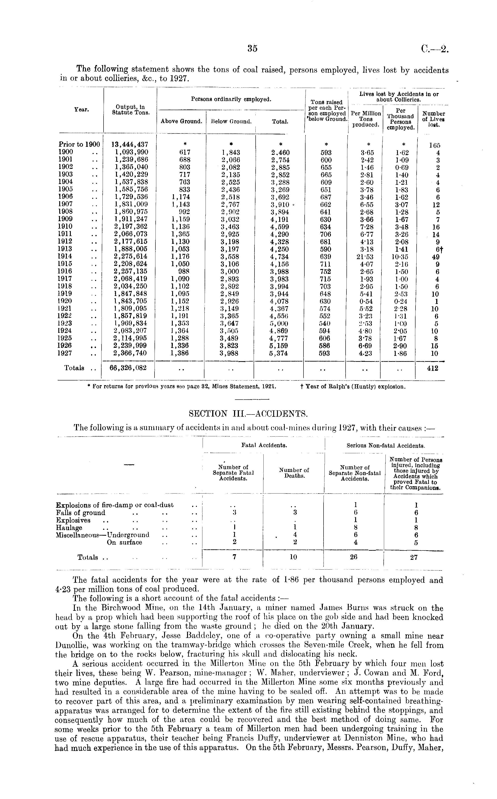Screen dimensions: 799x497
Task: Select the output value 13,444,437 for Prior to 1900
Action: pos(130,144)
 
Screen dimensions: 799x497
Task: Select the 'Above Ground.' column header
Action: pos(181,121)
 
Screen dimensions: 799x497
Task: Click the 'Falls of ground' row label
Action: pos(81,513)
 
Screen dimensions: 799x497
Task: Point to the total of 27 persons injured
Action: pos(413,557)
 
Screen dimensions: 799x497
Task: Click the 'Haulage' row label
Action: pos(69,528)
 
